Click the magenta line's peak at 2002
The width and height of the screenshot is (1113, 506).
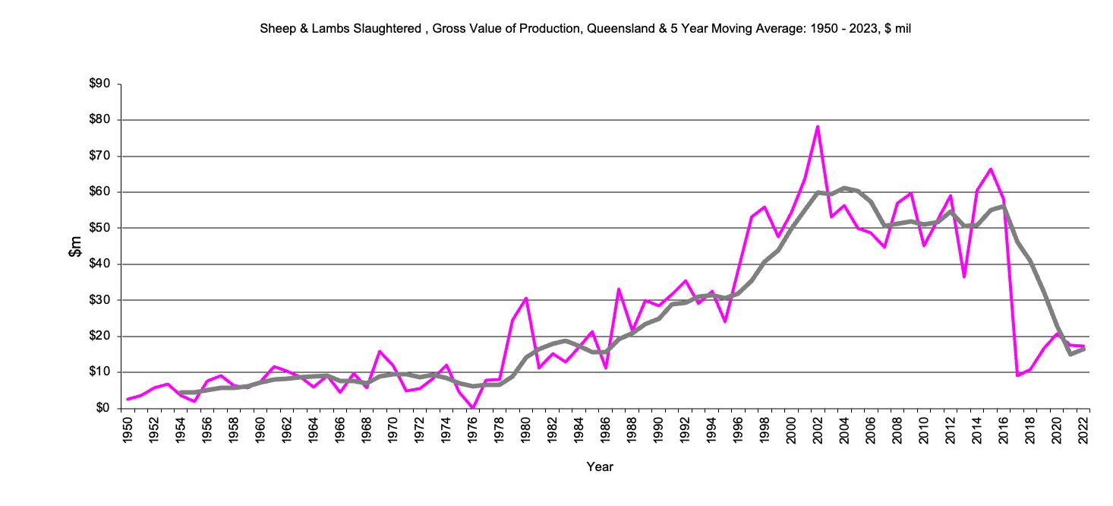818,126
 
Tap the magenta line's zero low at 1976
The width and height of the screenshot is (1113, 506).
473,408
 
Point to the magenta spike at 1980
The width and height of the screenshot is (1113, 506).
526,298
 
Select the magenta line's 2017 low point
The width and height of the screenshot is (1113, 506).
1017,375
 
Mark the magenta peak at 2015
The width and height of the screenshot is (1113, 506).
991,169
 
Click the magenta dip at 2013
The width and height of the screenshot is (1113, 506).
964,277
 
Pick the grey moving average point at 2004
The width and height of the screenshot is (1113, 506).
844,188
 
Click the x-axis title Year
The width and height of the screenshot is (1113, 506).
600,466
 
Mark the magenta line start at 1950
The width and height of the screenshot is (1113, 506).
128,399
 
